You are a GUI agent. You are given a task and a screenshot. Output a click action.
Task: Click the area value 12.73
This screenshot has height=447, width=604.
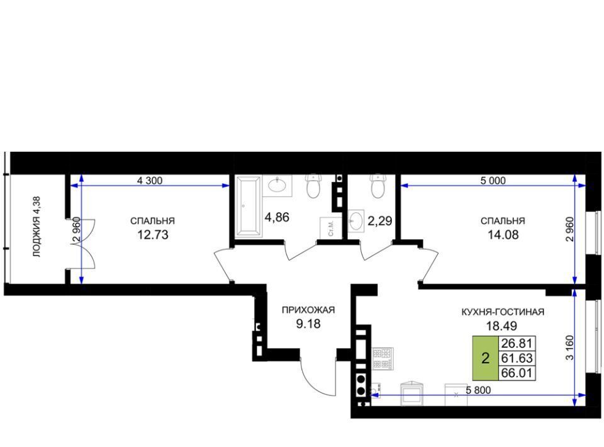pyautogui.click(x=153, y=235)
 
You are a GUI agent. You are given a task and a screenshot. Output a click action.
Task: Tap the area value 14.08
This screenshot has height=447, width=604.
pyautogui.click(x=503, y=235)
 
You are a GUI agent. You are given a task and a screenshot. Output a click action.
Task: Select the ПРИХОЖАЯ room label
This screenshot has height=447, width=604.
pyautogui.click(x=308, y=310)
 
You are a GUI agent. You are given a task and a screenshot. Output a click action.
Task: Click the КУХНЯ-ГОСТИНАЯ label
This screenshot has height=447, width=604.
pyautogui.click(x=503, y=312)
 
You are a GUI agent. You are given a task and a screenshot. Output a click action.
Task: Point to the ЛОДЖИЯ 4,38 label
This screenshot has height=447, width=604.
pyautogui.click(x=36, y=227)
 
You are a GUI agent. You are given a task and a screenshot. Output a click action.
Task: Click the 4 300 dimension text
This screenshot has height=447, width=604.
pyautogui.click(x=150, y=180)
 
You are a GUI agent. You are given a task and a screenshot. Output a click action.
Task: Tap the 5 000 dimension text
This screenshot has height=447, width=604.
pyautogui.click(x=493, y=180)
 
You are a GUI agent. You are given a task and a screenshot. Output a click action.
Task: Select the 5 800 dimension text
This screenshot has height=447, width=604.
pyautogui.click(x=478, y=390)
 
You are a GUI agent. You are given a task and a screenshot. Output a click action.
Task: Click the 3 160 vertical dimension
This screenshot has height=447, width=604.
pyautogui.click(x=569, y=348)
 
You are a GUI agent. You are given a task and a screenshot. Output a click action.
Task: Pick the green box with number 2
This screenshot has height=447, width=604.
pyautogui.click(x=485, y=358)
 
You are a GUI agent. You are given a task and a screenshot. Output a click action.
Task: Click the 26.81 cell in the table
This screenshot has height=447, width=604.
pyautogui.click(x=517, y=343)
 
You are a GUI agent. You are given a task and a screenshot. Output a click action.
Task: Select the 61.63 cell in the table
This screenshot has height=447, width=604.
pyautogui.click(x=517, y=358)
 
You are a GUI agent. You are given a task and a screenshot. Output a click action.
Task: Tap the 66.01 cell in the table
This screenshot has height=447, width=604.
pyautogui.click(x=517, y=373)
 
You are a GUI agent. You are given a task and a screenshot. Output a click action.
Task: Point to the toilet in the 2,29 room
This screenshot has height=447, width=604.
pyautogui.click(x=377, y=186)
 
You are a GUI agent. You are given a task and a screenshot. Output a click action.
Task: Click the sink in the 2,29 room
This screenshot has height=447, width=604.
pyautogui.click(x=356, y=221)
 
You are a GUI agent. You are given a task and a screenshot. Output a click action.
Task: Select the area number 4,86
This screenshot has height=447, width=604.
pyautogui.click(x=277, y=217)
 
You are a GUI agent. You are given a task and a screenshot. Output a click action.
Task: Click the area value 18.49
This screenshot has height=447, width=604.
pyautogui.click(x=501, y=326)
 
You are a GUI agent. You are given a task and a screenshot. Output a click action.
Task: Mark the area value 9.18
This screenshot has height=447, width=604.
pyautogui.click(x=308, y=324)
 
